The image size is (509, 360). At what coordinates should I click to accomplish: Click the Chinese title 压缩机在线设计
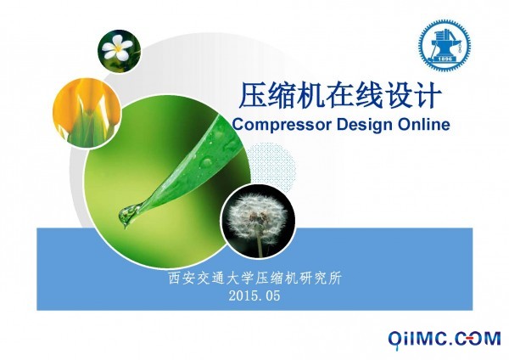tap(339, 95)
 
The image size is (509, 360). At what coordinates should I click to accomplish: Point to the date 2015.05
tap(255, 295)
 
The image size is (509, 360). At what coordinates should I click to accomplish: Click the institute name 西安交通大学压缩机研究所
tap(255, 278)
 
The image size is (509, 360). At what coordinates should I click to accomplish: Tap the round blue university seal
tap(444, 45)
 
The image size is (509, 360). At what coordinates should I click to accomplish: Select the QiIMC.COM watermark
tap(444, 340)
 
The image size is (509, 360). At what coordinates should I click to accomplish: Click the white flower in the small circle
tap(117, 48)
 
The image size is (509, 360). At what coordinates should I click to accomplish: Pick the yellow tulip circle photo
tap(87, 112)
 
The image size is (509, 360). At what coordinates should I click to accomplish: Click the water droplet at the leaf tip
tap(127, 215)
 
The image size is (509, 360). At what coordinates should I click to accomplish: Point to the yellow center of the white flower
tap(118, 48)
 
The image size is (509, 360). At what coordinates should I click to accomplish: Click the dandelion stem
tap(260, 245)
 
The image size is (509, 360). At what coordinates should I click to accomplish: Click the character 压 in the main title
tap(253, 95)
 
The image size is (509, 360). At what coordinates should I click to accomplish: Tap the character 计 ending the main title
tap(428, 95)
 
